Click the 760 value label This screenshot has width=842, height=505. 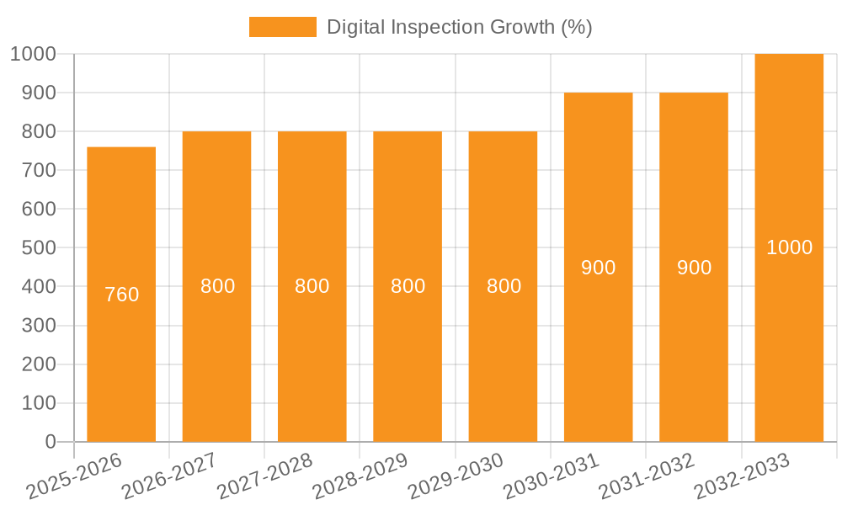(122, 295)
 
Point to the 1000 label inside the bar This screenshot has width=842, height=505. (790, 247)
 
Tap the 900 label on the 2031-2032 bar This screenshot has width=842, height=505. (695, 268)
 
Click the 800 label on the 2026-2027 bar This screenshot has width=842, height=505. (217, 286)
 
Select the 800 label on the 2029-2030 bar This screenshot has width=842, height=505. (504, 286)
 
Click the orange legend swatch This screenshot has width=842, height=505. (282, 27)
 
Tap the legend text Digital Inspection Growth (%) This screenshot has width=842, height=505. (460, 27)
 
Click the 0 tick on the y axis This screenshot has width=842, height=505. (50, 442)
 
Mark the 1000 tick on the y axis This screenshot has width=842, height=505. (33, 54)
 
